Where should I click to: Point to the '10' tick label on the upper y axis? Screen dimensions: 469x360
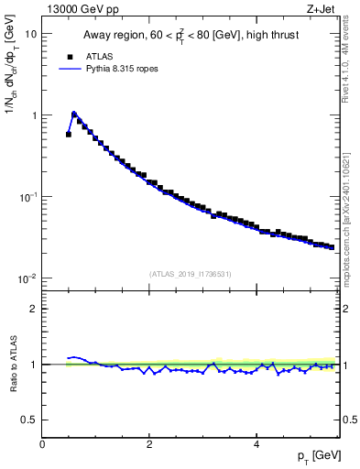coord(30,34)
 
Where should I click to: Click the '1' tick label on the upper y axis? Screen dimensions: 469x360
coord(34,115)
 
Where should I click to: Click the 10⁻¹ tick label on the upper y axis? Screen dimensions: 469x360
coord(28,197)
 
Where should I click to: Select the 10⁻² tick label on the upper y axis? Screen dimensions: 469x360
coord(28,278)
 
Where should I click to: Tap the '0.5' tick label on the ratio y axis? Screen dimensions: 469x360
coord(29,420)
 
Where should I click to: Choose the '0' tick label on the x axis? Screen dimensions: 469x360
coord(42,444)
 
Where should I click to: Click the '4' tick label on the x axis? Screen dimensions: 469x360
coord(256,444)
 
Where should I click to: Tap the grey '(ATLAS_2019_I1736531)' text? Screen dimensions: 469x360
coord(191,273)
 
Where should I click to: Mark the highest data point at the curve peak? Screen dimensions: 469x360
coord(74,115)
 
